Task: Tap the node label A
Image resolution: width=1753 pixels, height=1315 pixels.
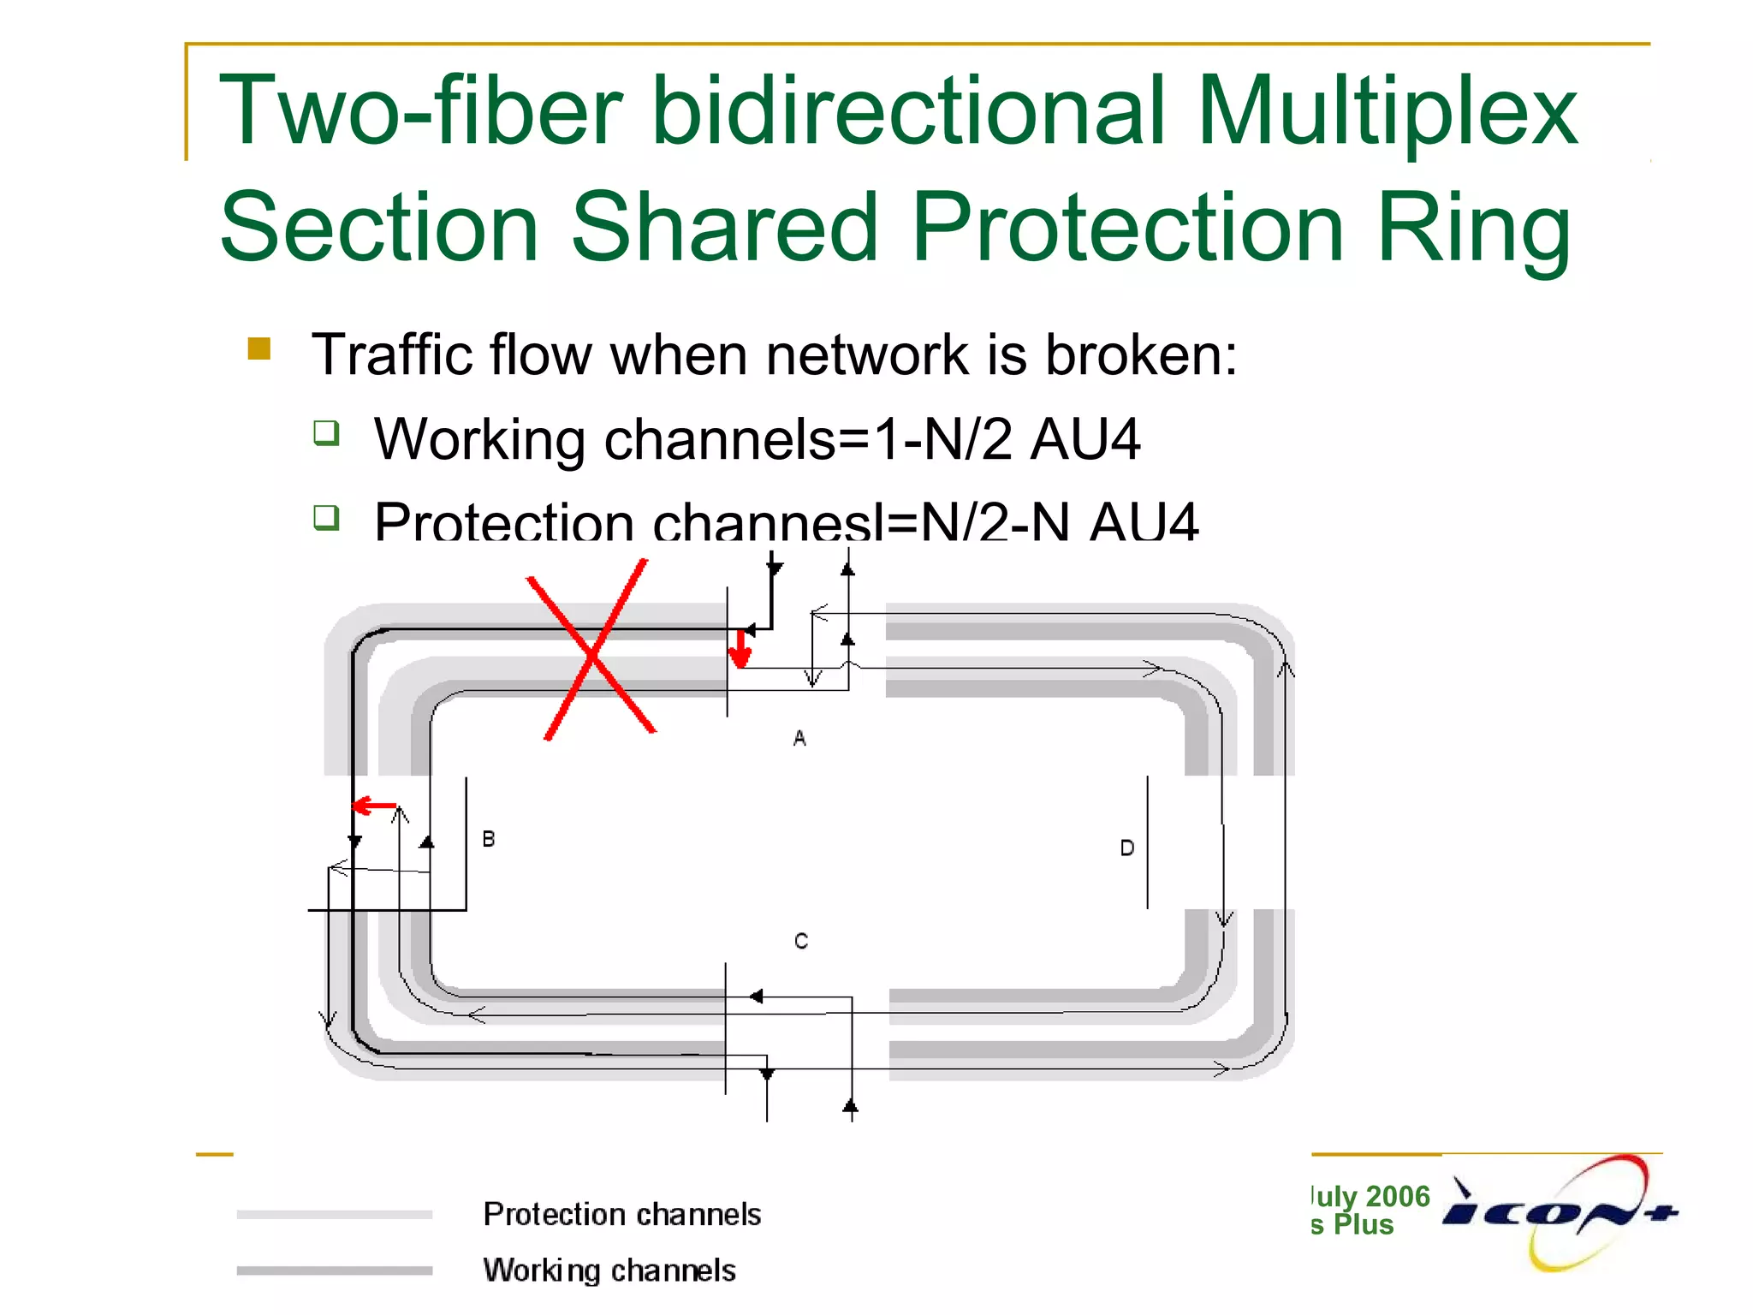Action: pos(799,738)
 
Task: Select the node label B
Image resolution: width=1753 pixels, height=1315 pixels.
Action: pos(489,839)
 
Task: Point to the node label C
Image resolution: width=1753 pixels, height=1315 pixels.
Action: pos(801,942)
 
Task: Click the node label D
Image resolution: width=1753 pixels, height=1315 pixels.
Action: pos(1127,848)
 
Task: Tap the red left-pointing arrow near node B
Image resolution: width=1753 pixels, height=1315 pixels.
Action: pos(373,806)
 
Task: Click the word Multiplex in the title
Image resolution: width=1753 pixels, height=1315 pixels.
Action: pos(1386,111)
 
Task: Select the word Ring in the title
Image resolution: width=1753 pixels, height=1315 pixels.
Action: pos(1473,228)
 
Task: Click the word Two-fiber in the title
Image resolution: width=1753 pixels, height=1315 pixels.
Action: pos(419,111)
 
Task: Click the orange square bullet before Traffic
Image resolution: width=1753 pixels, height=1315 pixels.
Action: pos(259,348)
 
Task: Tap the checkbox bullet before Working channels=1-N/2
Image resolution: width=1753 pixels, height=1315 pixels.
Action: pos(326,432)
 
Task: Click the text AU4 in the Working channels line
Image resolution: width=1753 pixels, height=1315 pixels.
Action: pos(1084,439)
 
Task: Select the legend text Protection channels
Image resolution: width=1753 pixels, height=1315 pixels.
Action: pos(621,1214)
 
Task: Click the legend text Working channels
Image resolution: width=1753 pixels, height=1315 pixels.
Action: pos(609,1270)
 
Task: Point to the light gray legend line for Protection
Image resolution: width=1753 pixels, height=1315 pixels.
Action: pos(335,1214)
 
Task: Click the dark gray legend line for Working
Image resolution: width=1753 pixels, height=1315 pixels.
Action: pos(335,1270)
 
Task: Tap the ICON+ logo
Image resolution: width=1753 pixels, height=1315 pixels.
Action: pos(1560,1212)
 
